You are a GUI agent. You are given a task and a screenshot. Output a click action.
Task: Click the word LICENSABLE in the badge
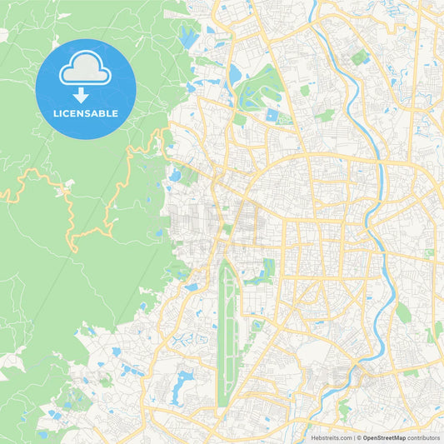tap(85, 113)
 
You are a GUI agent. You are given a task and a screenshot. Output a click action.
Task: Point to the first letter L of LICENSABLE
tap(56, 113)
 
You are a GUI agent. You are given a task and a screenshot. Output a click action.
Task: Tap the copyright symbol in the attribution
tap(359, 437)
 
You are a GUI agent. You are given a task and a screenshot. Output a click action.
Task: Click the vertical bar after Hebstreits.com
tap(354, 437)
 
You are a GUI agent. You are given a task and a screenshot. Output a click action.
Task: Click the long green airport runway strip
tap(225, 333)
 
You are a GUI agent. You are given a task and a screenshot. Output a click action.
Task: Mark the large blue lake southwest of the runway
tap(182, 384)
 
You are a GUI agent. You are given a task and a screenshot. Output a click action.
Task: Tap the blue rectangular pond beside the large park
tap(272, 116)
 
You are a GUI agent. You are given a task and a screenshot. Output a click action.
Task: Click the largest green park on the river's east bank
tap(403, 312)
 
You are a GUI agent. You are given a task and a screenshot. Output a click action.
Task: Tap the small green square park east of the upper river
tap(361, 57)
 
